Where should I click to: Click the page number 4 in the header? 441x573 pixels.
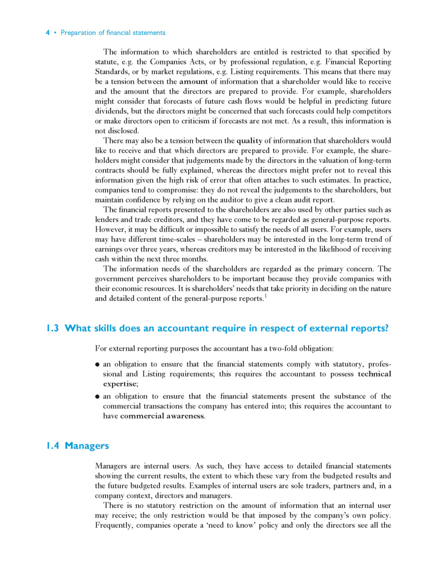(48, 33)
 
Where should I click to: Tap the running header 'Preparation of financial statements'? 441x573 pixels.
(113, 33)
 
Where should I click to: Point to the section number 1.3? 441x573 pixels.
(52, 328)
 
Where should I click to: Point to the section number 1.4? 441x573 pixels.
(52, 446)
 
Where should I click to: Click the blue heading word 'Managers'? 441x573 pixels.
(86, 446)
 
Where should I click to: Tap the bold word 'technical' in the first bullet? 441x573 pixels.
(374, 374)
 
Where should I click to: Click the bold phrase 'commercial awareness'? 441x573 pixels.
(162, 416)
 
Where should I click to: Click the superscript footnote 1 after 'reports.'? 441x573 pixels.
(265, 296)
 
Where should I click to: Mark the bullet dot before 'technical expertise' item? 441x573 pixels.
(98, 365)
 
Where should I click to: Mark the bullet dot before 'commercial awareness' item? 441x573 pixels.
(98, 397)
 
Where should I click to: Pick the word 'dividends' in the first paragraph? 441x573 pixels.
(111, 111)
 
